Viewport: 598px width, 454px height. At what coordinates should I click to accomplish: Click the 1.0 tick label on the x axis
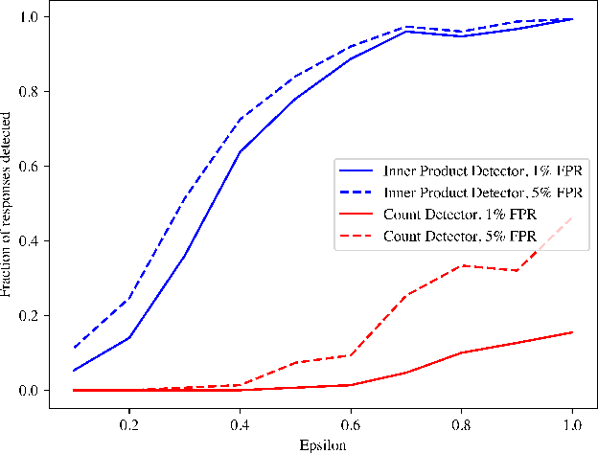pos(573,423)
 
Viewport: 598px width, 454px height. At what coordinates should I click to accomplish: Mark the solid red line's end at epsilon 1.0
pos(572,332)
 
